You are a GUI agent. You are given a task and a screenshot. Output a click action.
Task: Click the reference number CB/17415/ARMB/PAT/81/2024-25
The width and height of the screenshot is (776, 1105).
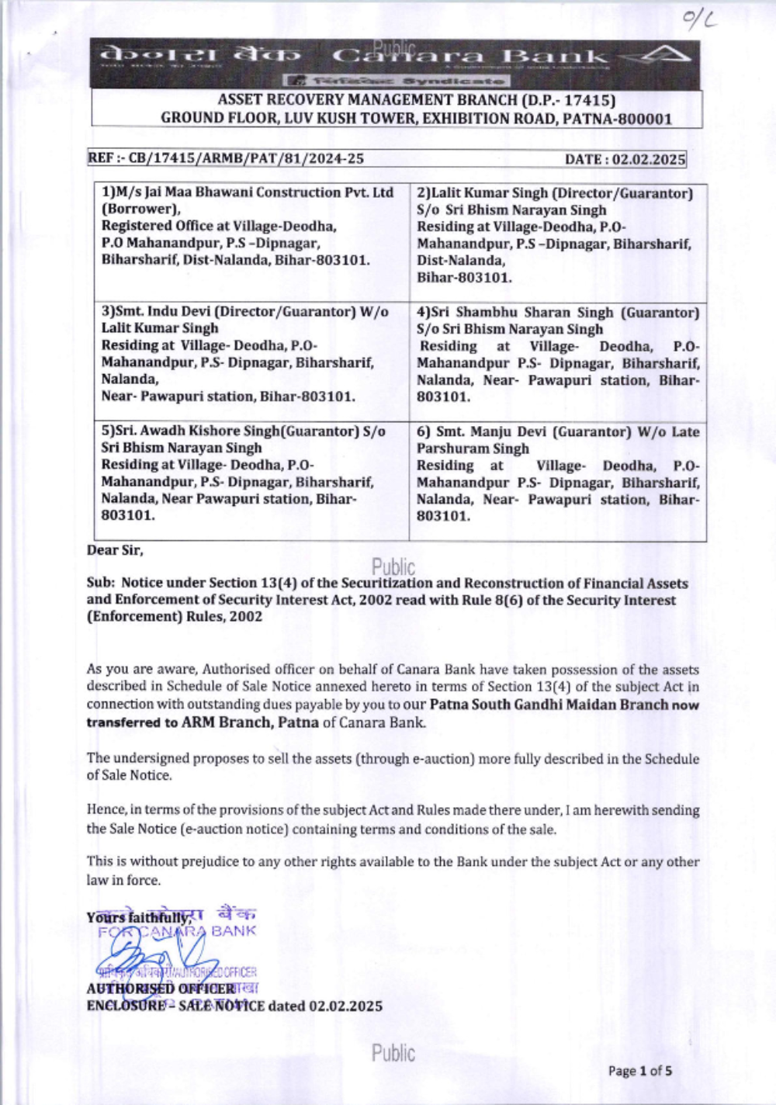(246, 159)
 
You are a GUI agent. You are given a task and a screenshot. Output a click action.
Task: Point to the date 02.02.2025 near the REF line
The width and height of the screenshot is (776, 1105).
(649, 160)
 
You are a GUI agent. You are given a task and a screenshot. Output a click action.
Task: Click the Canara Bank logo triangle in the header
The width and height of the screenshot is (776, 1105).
(666, 55)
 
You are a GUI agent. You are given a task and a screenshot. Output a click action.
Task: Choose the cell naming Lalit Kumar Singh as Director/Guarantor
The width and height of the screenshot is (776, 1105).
(556, 234)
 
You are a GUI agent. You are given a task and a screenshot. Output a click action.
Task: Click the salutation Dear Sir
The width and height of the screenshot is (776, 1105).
(115, 550)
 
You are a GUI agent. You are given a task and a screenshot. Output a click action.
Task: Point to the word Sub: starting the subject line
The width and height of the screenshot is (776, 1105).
(101, 583)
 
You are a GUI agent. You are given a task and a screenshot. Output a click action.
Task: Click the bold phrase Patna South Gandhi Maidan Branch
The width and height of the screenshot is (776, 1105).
(548, 705)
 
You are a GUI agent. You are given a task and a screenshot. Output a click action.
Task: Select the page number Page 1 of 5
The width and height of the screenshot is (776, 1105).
(639, 1072)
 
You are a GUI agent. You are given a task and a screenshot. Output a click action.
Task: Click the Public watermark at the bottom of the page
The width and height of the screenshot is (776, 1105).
(393, 1053)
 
